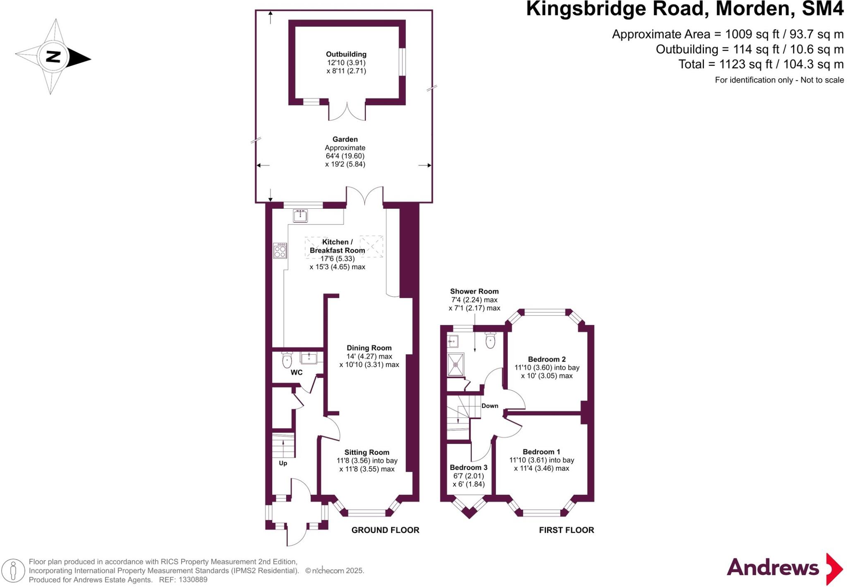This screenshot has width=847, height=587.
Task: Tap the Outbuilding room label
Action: [x=346, y=54]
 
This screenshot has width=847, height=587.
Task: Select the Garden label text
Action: [x=345, y=139]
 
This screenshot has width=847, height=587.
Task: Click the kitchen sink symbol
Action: [x=300, y=215]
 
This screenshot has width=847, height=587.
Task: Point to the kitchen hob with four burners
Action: [x=280, y=251]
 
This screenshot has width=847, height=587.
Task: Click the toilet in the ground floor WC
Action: [x=287, y=360]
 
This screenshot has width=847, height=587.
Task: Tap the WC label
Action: [x=297, y=372]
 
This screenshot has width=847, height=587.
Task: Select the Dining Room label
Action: [x=369, y=348]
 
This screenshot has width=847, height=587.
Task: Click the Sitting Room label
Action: [x=367, y=452]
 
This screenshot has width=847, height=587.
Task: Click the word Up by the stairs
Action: [x=283, y=463]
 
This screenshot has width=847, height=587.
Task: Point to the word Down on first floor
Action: [x=490, y=406]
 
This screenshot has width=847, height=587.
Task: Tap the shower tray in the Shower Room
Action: [x=456, y=365]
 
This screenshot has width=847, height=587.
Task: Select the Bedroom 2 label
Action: [x=547, y=359]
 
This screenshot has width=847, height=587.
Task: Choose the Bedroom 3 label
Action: [x=469, y=468]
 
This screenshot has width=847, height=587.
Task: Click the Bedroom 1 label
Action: [x=541, y=452]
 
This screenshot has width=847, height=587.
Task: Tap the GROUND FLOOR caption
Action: [x=385, y=530]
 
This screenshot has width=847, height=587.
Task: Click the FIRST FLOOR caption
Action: [x=566, y=530]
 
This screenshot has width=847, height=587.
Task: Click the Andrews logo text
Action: [x=773, y=568]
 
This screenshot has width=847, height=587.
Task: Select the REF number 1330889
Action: [x=193, y=580]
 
